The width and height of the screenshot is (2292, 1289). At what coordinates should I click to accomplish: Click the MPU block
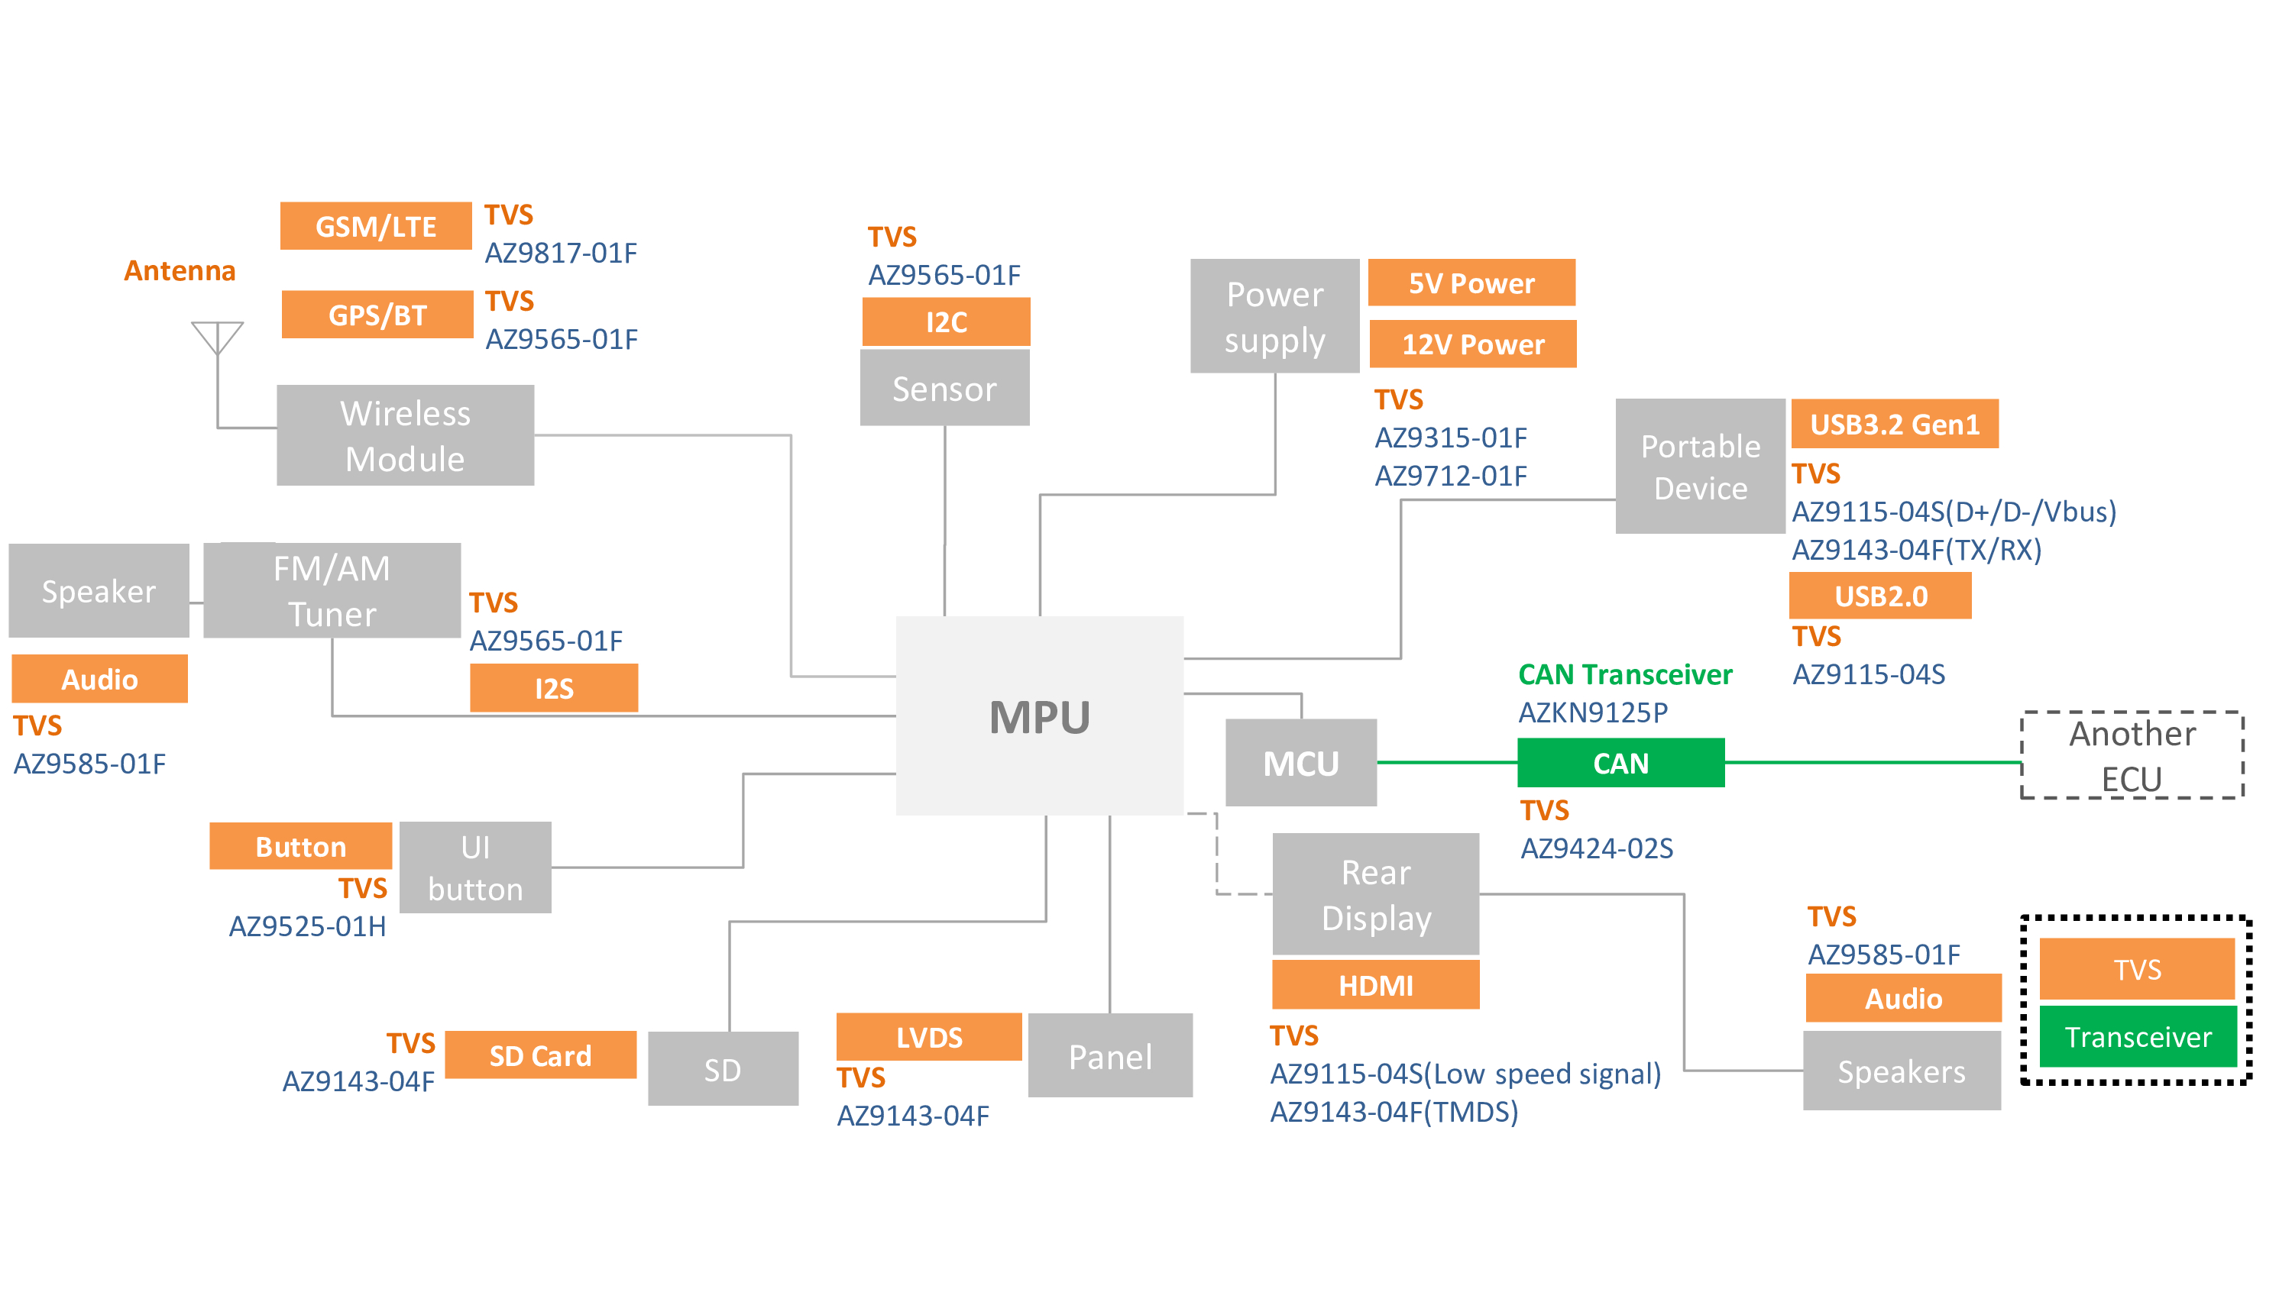point(1039,716)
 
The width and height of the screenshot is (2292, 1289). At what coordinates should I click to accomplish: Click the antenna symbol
point(217,338)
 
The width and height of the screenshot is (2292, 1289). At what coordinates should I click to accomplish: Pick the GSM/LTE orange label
point(375,226)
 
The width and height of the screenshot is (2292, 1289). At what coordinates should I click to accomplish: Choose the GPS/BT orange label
point(377,315)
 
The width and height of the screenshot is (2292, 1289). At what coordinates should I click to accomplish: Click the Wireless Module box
point(405,436)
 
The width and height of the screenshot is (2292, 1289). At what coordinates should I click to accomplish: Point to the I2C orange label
point(946,321)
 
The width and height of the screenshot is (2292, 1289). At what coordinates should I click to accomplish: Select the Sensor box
point(944,389)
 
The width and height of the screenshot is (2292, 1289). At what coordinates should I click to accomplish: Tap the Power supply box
point(1274,317)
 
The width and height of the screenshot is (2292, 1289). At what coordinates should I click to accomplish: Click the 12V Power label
point(1472,344)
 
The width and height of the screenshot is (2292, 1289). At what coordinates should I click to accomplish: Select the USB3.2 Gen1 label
point(1894,425)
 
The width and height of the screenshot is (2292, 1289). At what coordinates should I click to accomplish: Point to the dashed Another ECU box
point(2132,755)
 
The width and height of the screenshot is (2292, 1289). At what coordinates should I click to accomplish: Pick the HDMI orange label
point(1375,985)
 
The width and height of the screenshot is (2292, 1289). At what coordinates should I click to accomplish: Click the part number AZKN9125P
point(1593,712)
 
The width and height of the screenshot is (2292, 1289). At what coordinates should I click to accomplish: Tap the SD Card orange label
point(540,1055)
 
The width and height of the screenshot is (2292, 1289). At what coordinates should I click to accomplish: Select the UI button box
point(475,867)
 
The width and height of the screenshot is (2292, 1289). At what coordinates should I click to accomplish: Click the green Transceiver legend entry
point(2137,1036)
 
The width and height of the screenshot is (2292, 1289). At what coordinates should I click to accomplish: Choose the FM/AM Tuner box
point(332,591)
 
